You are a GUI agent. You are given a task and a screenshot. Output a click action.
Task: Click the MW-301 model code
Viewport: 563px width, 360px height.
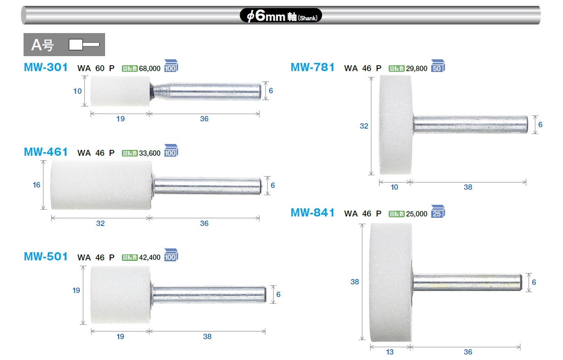click(x=46, y=67)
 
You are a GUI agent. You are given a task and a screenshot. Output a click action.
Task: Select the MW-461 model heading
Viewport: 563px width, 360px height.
click(x=46, y=152)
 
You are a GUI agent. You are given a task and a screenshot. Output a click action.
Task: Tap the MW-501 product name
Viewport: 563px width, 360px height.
click(x=46, y=256)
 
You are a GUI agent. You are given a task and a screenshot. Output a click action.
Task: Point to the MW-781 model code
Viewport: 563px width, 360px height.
click(x=313, y=67)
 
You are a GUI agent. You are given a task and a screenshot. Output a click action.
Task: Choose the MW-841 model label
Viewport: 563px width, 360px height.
click(x=313, y=212)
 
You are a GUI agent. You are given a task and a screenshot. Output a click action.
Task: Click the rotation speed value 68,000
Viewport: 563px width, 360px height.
click(x=149, y=68)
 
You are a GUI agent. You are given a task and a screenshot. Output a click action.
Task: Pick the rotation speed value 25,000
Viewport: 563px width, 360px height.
click(x=416, y=214)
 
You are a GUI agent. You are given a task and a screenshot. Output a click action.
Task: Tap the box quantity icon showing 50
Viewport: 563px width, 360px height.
click(x=438, y=66)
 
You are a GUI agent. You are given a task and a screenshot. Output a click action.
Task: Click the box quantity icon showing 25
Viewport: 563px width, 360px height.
click(x=438, y=211)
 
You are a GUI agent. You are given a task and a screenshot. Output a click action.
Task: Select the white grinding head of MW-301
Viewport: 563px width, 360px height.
click(x=120, y=91)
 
